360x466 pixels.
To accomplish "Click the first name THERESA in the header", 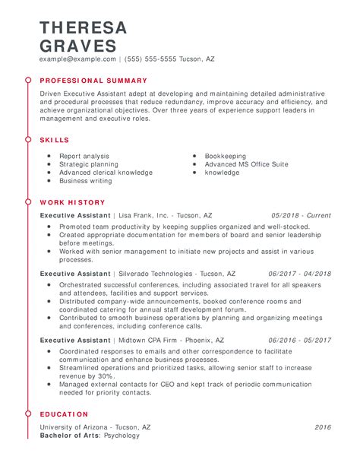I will tap(84, 27).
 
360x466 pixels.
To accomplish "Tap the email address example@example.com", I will tap(78, 59).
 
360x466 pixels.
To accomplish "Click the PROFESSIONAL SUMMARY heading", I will tap(93, 80).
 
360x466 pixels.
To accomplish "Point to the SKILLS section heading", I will tap(55, 140).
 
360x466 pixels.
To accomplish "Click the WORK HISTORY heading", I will tap(72, 203).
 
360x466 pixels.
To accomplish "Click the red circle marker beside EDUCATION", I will tap(27, 414).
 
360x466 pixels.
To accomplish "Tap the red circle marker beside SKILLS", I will tap(27, 140).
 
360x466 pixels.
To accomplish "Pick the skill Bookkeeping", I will tap(225, 156).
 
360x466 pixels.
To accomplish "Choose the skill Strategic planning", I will tap(89, 164).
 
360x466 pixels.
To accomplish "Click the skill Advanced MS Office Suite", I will tap(246, 164).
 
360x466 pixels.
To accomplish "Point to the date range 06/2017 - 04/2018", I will tap(300, 274).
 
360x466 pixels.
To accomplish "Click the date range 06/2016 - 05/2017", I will tap(300, 340).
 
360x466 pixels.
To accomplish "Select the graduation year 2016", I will tap(323, 427).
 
